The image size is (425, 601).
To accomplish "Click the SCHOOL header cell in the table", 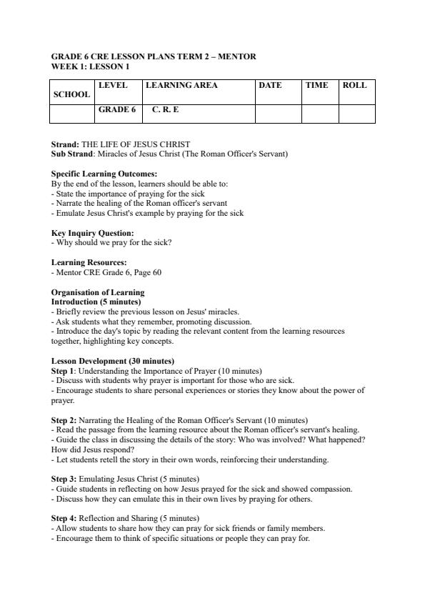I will point(71,94).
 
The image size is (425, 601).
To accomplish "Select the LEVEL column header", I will point(113,85).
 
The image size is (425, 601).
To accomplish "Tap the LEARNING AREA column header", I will point(181,85).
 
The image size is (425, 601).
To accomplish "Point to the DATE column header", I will point(270,85).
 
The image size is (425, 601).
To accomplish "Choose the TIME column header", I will point(316,85).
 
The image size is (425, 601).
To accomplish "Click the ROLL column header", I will point(354,85).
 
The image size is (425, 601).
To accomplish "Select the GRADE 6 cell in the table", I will point(116,110).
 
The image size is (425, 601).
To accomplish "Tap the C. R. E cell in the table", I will point(166,110).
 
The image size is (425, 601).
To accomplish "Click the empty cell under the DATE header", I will point(278,114).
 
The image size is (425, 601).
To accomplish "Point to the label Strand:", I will point(66,144).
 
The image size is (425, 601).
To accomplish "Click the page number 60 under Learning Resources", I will point(156,272).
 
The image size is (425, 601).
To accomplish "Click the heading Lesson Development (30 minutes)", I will point(112,361).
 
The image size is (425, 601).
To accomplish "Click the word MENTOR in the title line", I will point(238,56).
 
